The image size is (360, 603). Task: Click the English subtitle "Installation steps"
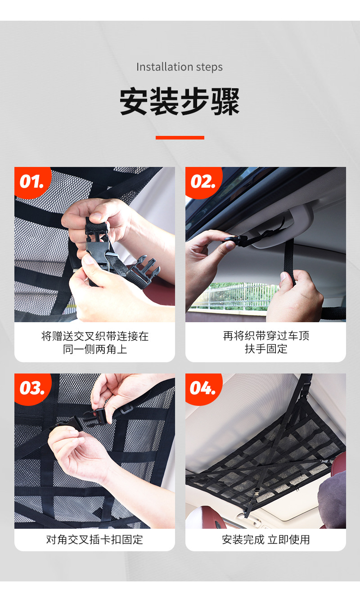pyautogui.click(x=180, y=67)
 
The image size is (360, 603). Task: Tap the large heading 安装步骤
pyautogui.click(x=180, y=102)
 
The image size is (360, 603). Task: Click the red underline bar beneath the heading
pyautogui.click(x=180, y=138)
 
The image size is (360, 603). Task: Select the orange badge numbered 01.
pyautogui.click(x=32, y=183)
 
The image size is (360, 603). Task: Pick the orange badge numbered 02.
pyautogui.click(x=203, y=183)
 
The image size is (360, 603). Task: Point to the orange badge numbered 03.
pyautogui.click(x=32, y=389)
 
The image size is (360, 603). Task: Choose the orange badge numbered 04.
pyautogui.click(x=203, y=389)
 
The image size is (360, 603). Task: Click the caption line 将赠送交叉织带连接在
pyautogui.click(x=95, y=336)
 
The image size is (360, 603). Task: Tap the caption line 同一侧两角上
pyautogui.click(x=95, y=349)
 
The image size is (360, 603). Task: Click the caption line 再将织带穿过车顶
pyautogui.click(x=266, y=336)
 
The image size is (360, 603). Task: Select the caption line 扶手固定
pyautogui.click(x=266, y=349)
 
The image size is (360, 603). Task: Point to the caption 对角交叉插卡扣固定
pyautogui.click(x=94, y=540)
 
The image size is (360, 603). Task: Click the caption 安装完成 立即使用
pyautogui.click(x=266, y=540)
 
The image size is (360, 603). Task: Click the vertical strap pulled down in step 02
pyautogui.click(x=288, y=261)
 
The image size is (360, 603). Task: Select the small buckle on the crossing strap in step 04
pyautogui.click(x=256, y=494)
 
